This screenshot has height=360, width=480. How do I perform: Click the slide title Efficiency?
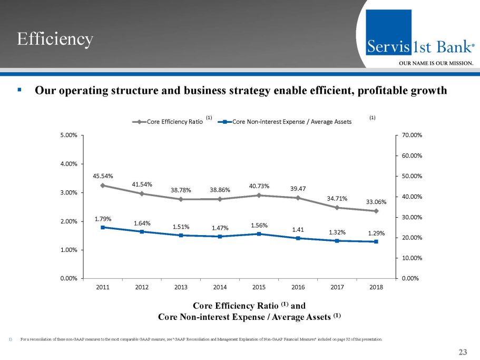click(55, 39)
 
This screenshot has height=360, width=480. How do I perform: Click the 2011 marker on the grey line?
click(103, 185)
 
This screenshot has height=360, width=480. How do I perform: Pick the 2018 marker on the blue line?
click(376, 241)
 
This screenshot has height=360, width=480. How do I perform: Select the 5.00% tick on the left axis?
click(69, 135)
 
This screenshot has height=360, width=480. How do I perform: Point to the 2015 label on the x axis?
click(259, 287)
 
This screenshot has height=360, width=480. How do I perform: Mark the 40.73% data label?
click(259, 186)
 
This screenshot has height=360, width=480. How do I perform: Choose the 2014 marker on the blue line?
click(220, 236)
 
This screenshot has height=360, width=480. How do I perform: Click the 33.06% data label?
click(376, 201)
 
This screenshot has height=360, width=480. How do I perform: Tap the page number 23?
click(463, 353)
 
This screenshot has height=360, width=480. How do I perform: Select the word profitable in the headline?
click(376, 91)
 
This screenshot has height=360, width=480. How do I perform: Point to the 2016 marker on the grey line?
click(298, 198)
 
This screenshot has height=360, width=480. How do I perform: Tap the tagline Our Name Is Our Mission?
click(435, 63)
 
